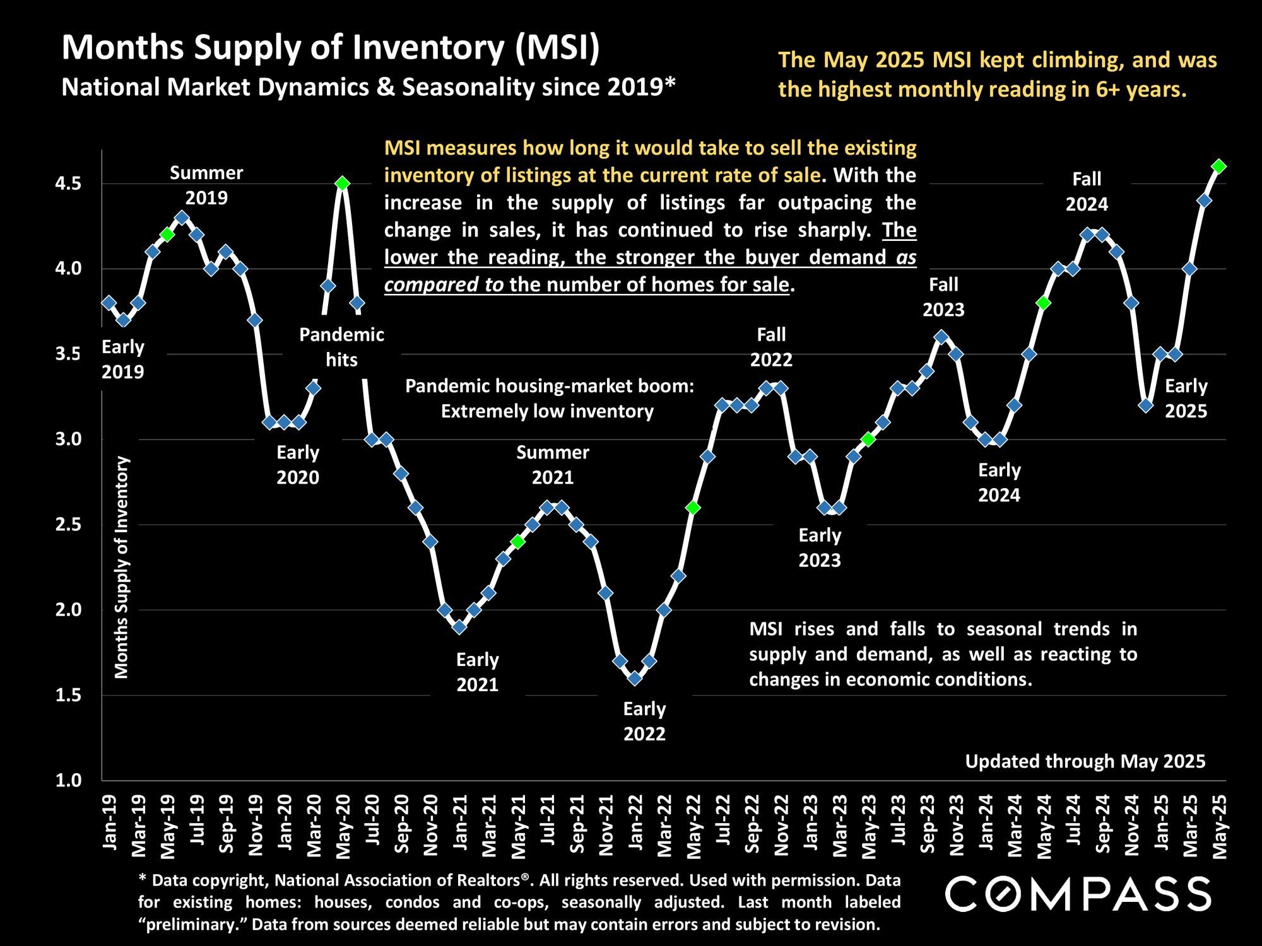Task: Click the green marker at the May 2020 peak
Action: pos(342,184)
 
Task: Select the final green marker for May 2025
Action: pos(1219,166)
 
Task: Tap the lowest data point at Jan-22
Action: pos(635,679)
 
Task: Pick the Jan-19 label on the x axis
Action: pos(110,824)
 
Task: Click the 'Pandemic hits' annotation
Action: pos(341,347)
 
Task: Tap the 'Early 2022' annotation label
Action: pos(644,721)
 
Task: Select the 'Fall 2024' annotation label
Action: pos(1087,192)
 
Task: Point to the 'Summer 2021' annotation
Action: pos(553,464)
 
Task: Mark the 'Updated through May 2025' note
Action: pos(1085,761)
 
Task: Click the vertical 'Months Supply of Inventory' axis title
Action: pos(122,567)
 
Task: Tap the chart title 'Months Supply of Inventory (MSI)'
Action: pos(330,48)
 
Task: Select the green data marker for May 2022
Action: pos(693,508)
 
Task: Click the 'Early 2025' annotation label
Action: pos(1186,399)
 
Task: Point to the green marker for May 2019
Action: pos(167,235)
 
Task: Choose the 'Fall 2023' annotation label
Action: pos(943,297)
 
